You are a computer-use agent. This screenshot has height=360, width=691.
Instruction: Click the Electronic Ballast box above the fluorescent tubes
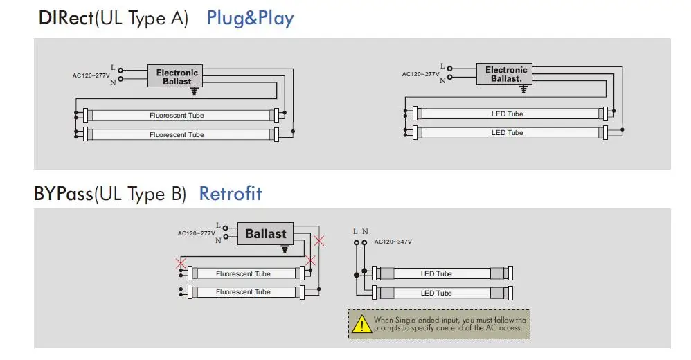click(x=175, y=75)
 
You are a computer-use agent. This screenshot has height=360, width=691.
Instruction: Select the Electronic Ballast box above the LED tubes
click(x=504, y=74)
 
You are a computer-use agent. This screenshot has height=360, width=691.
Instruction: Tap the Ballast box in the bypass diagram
click(x=265, y=233)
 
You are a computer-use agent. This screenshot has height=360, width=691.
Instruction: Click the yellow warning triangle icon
click(x=362, y=324)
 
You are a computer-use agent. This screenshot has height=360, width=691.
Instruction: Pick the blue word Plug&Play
click(x=250, y=19)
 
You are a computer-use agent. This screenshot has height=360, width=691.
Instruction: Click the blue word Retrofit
click(x=231, y=193)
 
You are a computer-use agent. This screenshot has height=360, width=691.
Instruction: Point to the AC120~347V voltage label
click(x=393, y=242)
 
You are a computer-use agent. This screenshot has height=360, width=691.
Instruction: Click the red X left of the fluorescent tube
click(x=181, y=264)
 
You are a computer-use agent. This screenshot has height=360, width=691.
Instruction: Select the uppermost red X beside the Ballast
click(x=319, y=241)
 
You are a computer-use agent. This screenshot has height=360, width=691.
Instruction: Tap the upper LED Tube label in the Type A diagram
click(x=508, y=114)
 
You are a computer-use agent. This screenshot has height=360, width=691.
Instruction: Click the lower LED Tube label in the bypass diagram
click(x=436, y=293)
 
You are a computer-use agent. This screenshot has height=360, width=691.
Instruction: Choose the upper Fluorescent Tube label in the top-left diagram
click(x=177, y=116)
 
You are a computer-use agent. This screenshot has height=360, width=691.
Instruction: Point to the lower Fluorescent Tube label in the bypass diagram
click(x=243, y=291)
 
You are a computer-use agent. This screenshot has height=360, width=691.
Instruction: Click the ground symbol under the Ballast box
click(x=285, y=249)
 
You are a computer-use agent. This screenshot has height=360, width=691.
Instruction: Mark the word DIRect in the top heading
click(x=66, y=19)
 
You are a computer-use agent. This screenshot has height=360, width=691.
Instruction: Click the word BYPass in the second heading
click(x=64, y=194)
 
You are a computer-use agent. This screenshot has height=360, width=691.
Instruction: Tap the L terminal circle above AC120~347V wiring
click(x=357, y=243)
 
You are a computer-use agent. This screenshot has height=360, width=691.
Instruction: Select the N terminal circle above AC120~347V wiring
click(x=364, y=243)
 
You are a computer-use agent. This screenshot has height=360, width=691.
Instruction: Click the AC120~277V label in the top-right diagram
click(x=420, y=74)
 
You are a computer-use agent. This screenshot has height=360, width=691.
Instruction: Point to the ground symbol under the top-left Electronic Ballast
click(x=195, y=91)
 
